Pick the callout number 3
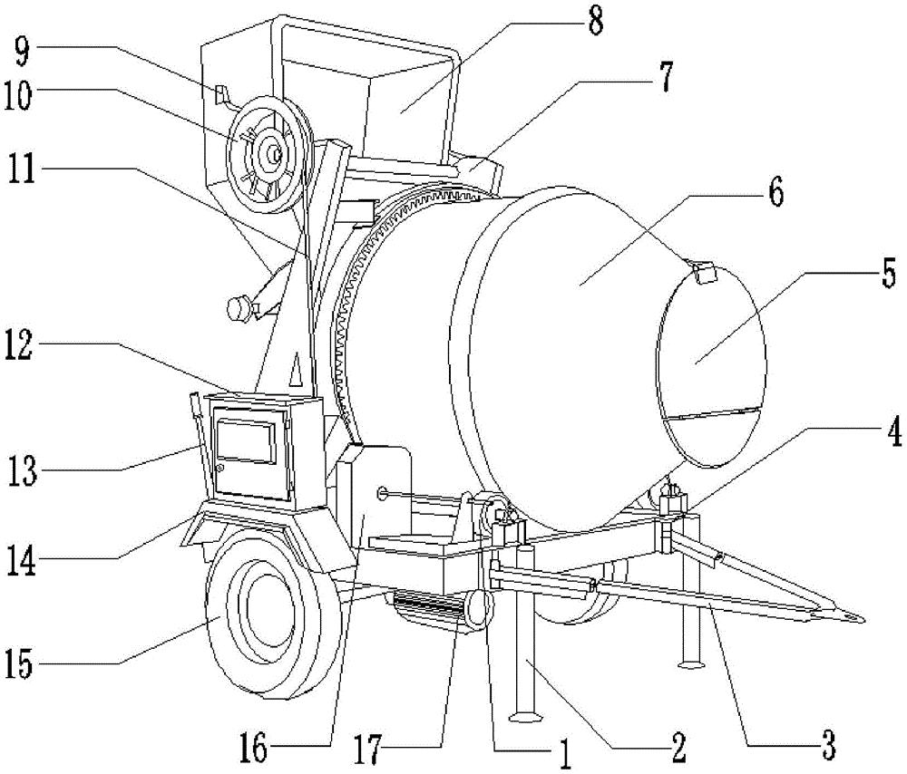click(x=825, y=750)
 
